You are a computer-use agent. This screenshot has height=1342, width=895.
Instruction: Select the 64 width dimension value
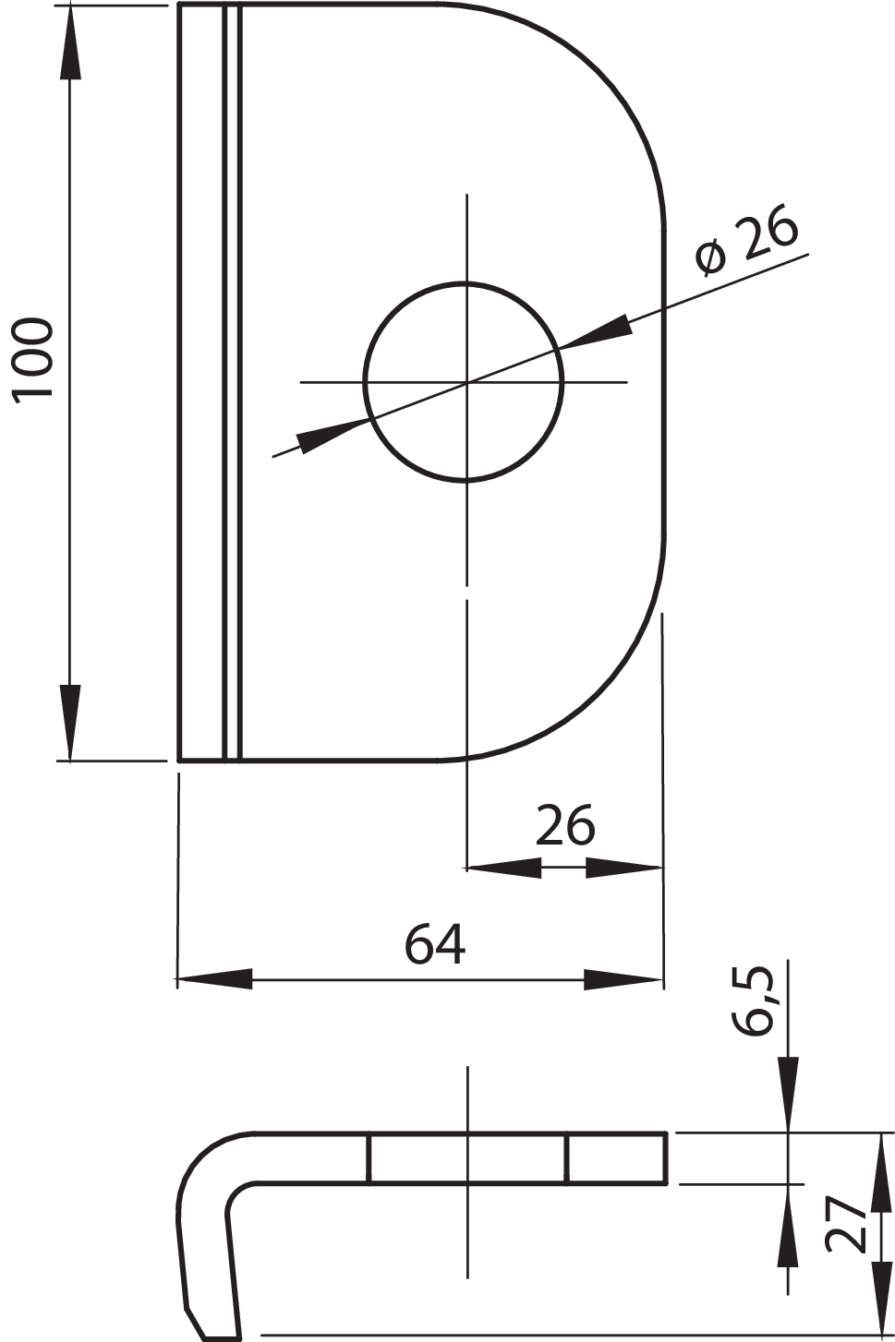point(434,943)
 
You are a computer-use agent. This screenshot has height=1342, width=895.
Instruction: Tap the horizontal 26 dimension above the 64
point(564,825)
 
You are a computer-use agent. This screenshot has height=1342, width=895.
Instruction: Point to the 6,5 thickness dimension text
point(754,1001)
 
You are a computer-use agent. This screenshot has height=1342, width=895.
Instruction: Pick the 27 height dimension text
point(847,1225)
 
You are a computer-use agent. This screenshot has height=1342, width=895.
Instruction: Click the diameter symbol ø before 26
point(711,258)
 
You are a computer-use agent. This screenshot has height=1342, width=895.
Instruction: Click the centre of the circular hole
point(466,381)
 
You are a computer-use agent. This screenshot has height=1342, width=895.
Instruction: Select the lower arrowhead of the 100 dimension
point(70,723)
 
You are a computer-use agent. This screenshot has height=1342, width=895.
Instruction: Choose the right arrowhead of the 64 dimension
point(624,979)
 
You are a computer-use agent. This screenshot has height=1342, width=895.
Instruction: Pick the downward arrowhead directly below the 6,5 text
point(787,1094)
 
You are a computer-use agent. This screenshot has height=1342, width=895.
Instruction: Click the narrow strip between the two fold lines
point(232,381)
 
